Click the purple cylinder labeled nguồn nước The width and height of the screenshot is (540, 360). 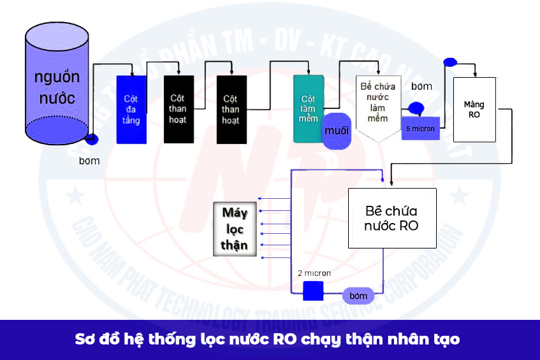pyautogui.click(x=56, y=89)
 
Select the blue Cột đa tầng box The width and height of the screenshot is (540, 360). pyautogui.click(x=131, y=109)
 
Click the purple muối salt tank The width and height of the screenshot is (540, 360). pyautogui.click(x=337, y=131)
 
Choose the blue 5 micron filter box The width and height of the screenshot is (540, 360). pyautogui.click(x=420, y=127)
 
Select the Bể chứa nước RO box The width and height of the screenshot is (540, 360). pyautogui.click(x=391, y=218)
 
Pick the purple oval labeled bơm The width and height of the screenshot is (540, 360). pyautogui.click(x=358, y=296)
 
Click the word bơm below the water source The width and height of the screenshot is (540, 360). pyautogui.click(x=89, y=161)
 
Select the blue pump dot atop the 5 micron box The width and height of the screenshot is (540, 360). pyautogui.click(x=416, y=108)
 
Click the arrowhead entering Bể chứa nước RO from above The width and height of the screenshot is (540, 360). pyautogui.click(x=390, y=184)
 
